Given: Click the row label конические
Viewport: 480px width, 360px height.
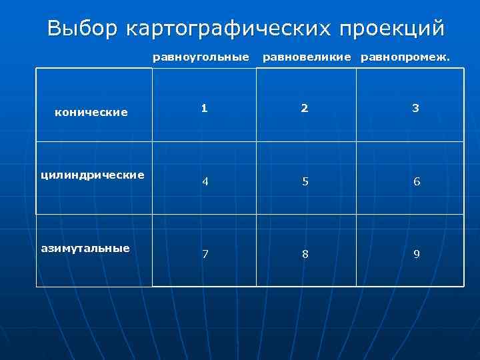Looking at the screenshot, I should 91,112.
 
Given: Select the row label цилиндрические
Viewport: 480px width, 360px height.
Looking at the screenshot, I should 93,175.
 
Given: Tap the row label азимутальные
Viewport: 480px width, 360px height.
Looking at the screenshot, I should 85,248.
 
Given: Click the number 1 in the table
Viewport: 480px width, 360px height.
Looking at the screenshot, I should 205,108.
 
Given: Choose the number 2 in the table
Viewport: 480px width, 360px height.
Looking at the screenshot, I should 304,108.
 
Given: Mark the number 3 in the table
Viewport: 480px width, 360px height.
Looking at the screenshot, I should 415,108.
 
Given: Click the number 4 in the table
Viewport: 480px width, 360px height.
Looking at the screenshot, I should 205,181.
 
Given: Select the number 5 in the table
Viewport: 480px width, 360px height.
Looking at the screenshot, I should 304,181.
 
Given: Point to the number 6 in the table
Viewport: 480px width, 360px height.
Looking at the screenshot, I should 416,181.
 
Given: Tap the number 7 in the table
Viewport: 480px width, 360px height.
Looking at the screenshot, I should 205,254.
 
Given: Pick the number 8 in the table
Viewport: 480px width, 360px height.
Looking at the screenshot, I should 304,254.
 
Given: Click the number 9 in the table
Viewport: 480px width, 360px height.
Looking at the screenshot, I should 416,254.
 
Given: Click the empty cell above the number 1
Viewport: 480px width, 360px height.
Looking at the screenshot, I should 205,83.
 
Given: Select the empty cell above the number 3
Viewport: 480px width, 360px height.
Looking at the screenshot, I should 410,83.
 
